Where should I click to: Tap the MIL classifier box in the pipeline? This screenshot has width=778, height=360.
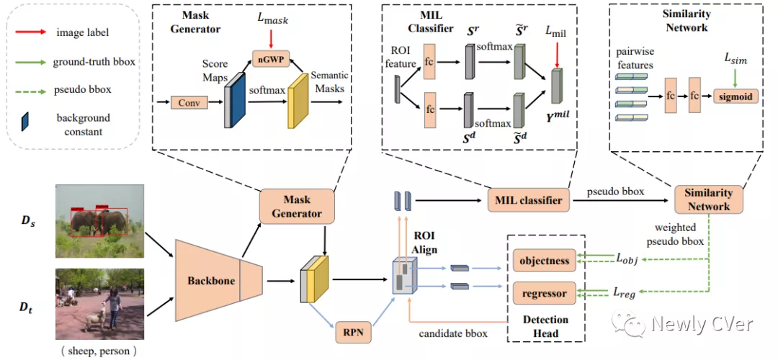click(x=524, y=199)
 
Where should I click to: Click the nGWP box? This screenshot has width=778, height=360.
click(x=272, y=61)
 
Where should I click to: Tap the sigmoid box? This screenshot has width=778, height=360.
click(x=735, y=97)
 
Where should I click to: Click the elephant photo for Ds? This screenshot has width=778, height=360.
click(x=99, y=222)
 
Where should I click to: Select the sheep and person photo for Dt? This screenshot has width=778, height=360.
click(x=99, y=304)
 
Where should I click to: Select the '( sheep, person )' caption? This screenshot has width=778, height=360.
click(x=99, y=351)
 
